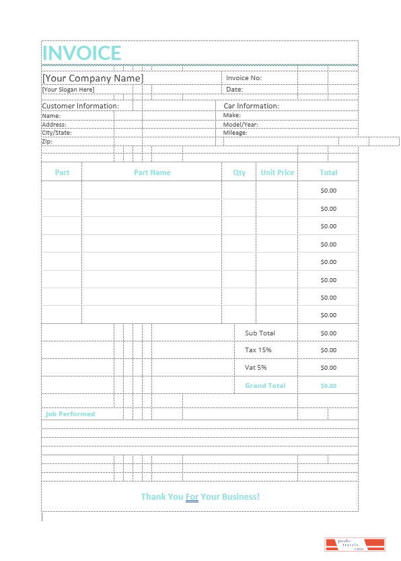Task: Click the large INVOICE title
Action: (x=81, y=53)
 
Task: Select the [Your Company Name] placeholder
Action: (x=93, y=78)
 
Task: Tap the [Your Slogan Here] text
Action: (x=68, y=90)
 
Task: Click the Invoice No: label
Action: (x=244, y=78)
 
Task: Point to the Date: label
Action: (x=234, y=90)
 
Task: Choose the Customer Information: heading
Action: (x=80, y=106)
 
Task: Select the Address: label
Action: (x=54, y=125)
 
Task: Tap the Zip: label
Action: (x=47, y=141)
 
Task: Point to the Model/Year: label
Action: (x=241, y=125)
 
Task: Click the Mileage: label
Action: (x=235, y=133)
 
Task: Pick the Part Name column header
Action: (x=152, y=172)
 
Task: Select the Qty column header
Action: (x=240, y=172)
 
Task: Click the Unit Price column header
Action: (x=277, y=172)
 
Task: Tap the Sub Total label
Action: (x=260, y=333)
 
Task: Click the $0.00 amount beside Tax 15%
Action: (x=328, y=350)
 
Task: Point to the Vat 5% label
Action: (x=256, y=368)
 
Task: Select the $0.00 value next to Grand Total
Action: (x=328, y=386)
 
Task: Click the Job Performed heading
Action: (x=70, y=414)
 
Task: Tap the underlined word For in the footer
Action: (x=192, y=497)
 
